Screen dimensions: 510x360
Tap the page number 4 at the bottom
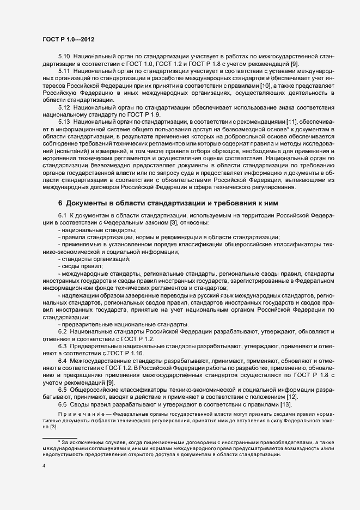click(44, 466)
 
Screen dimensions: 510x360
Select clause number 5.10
click(64, 57)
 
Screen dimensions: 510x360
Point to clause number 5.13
click(64, 122)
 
